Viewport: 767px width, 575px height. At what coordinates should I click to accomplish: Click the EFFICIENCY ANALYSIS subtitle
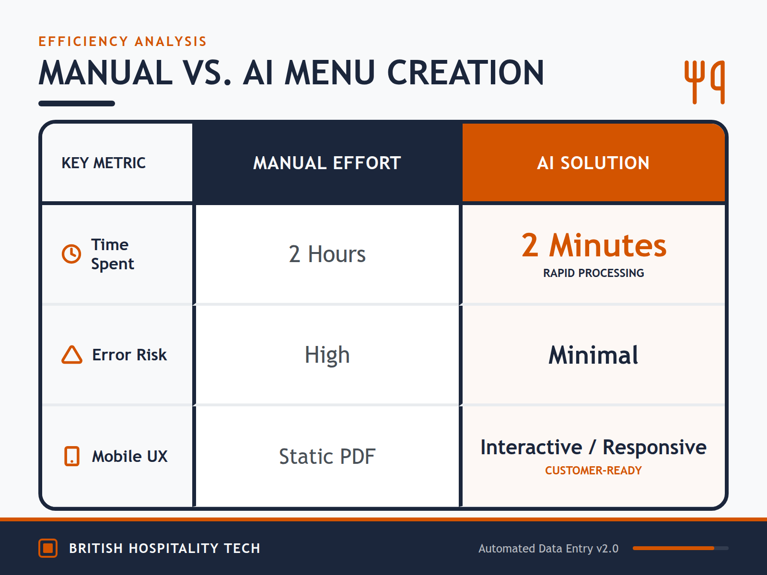[x=122, y=42]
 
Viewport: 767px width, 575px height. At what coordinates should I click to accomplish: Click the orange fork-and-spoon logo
[x=704, y=82]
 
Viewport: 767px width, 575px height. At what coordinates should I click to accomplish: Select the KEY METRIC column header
[x=104, y=163]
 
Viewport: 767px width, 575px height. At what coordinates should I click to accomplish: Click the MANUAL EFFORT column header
[x=327, y=163]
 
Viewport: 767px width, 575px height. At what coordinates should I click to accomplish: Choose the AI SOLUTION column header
[x=593, y=163]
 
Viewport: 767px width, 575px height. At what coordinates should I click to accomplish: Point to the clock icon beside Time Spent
[x=71, y=254]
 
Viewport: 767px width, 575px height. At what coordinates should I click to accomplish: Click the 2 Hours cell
[x=327, y=254]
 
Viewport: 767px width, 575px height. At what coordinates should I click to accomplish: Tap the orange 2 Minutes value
[x=593, y=245]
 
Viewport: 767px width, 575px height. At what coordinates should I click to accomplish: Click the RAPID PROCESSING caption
[x=593, y=273]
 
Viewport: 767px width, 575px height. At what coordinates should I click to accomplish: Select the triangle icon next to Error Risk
[x=72, y=355]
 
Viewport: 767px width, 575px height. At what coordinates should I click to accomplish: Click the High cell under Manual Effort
[x=327, y=355]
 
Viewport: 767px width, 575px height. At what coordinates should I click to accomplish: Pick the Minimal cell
[x=593, y=355]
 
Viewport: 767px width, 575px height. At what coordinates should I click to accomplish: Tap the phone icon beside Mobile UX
[x=72, y=456]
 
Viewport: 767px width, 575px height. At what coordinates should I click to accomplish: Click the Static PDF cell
[x=327, y=456]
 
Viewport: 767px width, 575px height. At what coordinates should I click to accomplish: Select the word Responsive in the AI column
[x=654, y=448]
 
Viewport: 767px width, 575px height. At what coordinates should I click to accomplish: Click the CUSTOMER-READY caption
[x=593, y=471]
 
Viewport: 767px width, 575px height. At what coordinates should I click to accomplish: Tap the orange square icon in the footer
[x=48, y=548]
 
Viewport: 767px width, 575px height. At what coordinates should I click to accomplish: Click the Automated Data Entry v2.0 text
[x=548, y=549]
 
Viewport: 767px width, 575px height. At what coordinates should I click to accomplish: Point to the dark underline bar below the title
[x=77, y=103]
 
